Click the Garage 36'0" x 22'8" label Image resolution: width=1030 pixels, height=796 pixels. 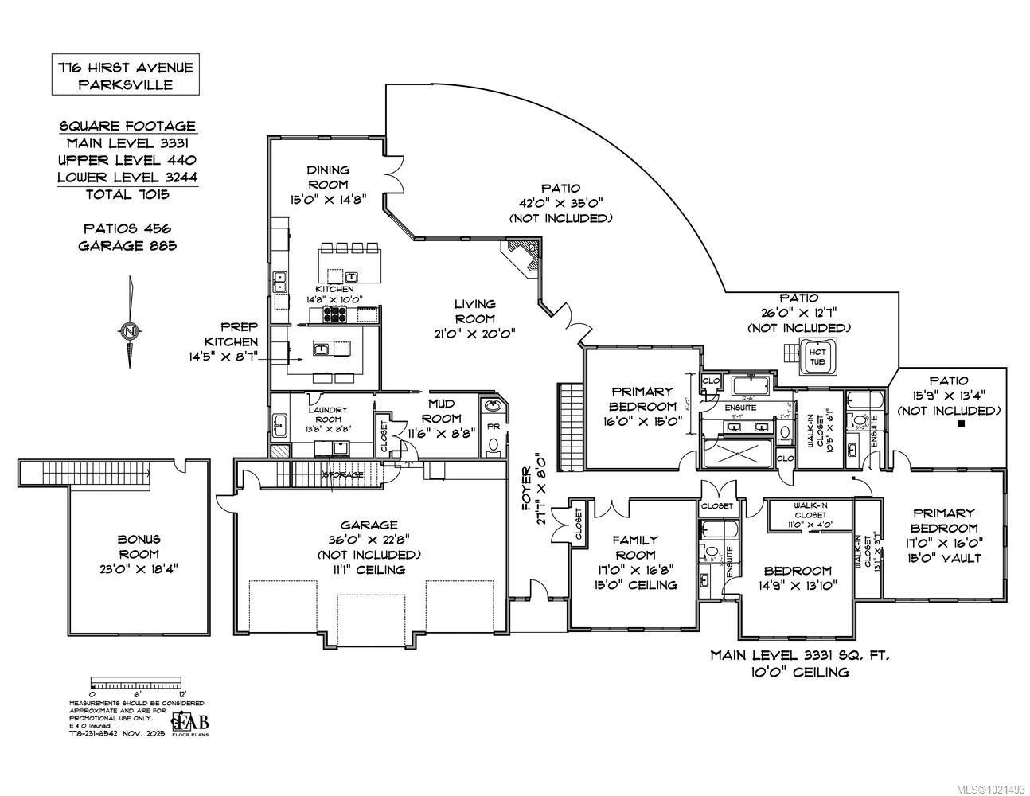[x=369, y=547]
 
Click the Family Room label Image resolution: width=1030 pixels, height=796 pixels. [x=634, y=562]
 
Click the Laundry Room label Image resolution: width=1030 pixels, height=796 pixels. [x=321, y=413]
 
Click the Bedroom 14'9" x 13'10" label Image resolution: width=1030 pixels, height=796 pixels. [x=798, y=578]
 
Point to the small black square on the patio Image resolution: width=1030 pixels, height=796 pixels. [x=961, y=424]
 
